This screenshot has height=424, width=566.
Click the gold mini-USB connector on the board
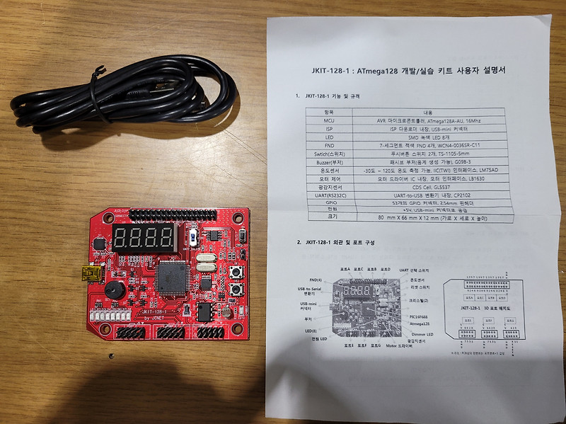coord(90,273)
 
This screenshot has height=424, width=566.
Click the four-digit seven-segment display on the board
coord(144,239)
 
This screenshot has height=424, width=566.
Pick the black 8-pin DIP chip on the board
coord(204,311)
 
